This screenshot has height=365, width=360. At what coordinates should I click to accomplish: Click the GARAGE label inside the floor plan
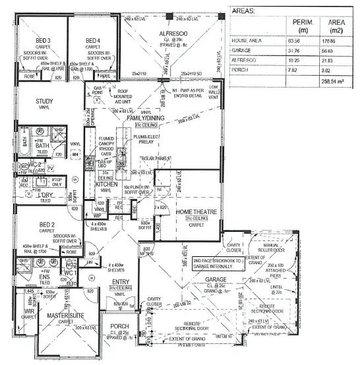tap(216, 279)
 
